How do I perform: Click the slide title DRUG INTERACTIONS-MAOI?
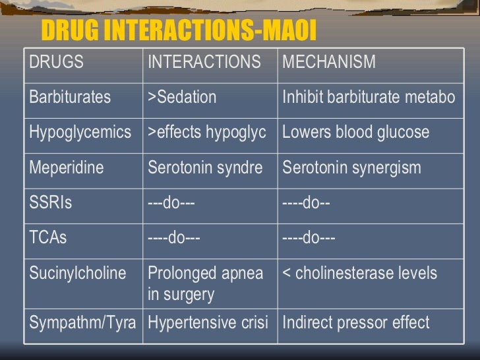click(179, 30)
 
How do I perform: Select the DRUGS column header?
click(57, 63)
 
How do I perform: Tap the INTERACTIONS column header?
click(204, 63)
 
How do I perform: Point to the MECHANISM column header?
click(329, 63)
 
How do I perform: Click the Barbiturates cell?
click(70, 98)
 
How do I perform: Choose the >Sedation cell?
click(182, 98)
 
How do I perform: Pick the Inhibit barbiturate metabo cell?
click(369, 98)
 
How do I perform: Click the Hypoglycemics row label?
click(80, 133)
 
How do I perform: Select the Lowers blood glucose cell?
click(356, 133)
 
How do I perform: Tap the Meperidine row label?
click(67, 167)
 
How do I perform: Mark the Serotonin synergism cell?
click(351, 167)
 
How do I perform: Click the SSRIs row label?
click(51, 202)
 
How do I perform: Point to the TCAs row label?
click(48, 237)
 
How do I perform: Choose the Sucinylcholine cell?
click(78, 273)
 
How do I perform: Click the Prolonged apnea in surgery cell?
click(206, 284)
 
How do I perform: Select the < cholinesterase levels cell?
click(359, 273)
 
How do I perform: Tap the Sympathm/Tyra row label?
click(83, 322)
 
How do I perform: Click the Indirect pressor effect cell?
click(356, 322)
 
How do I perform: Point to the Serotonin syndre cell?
click(205, 167)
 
